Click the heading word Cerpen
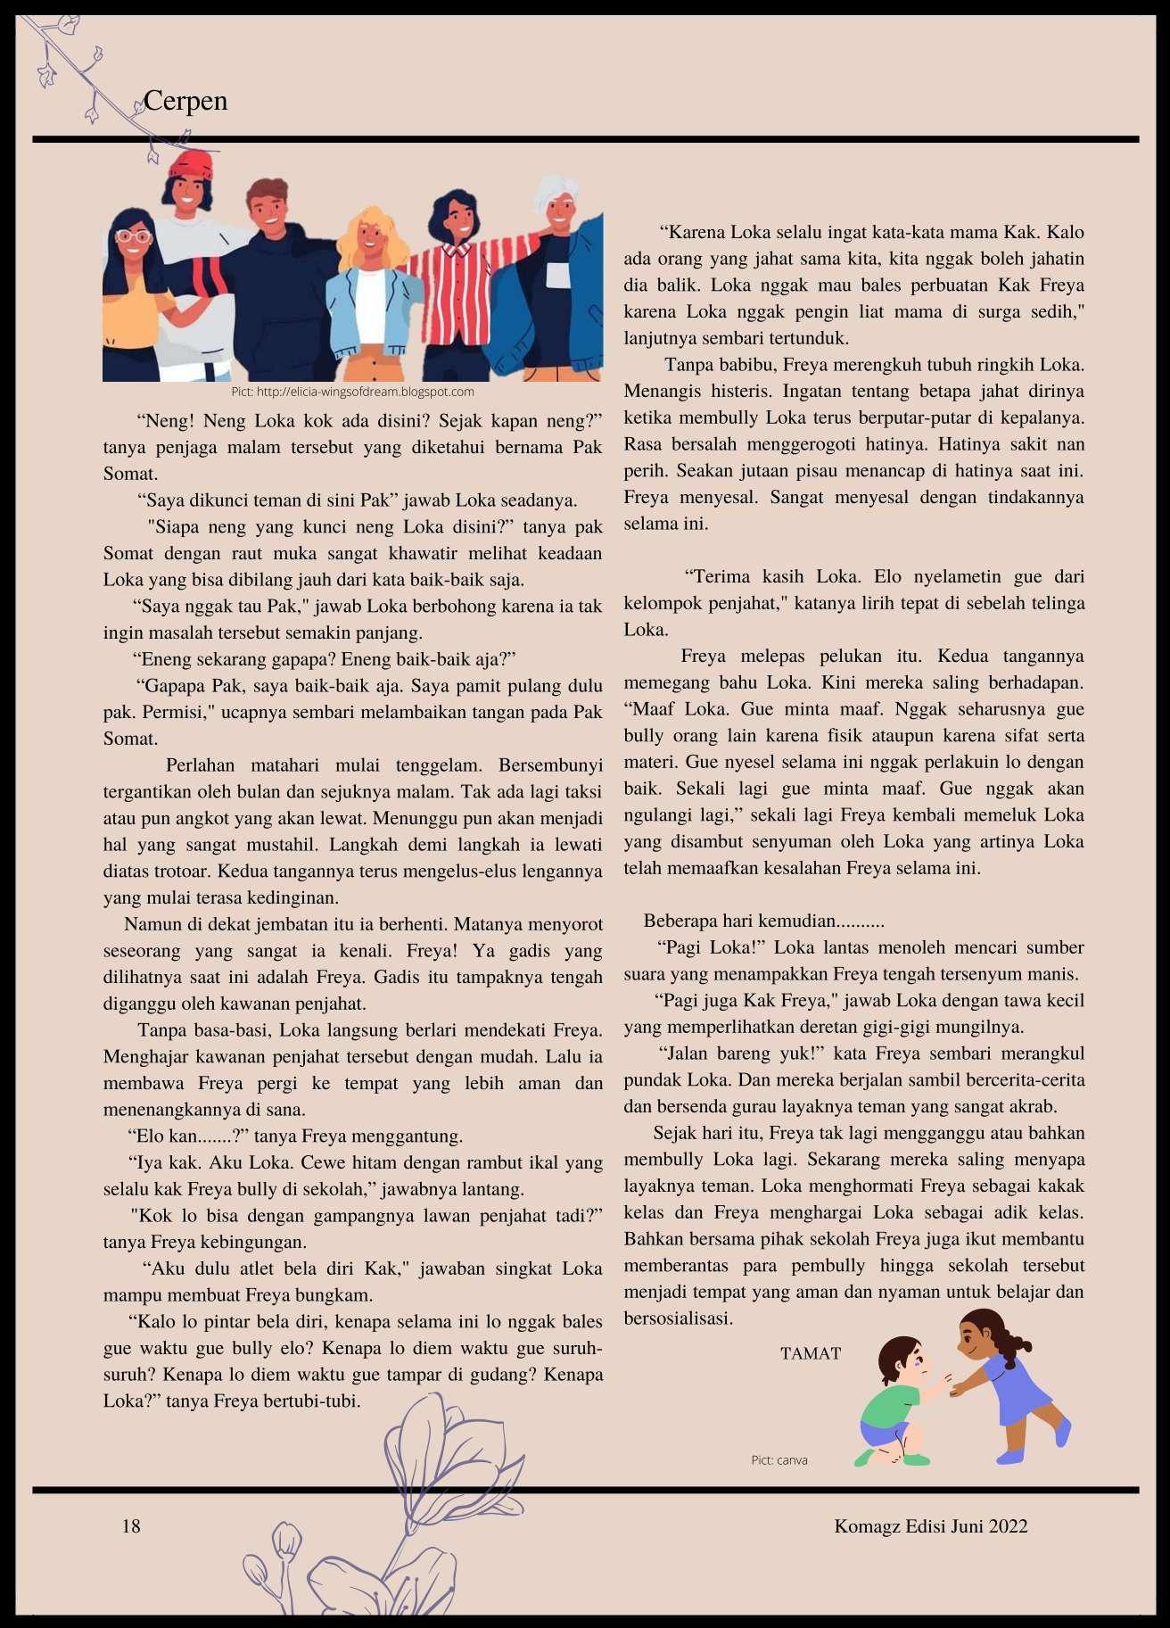point(185,101)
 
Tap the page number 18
point(131,1526)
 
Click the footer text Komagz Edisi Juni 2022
point(930,1526)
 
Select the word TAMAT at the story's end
point(810,1353)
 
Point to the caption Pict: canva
point(779,1460)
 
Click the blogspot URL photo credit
point(352,392)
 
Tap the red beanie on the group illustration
point(191,164)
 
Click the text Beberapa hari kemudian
point(763,921)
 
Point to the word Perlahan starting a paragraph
point(200,765)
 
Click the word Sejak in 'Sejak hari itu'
point(673,1133)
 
